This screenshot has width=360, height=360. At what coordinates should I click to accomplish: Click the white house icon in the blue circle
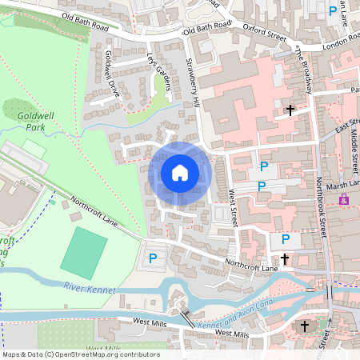pos(180,172)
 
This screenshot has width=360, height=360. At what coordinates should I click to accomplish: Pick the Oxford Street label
pos(263,36)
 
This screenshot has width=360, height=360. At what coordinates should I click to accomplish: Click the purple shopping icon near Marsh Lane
pos(344,198)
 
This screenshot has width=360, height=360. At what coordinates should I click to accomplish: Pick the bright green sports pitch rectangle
pos(83,252)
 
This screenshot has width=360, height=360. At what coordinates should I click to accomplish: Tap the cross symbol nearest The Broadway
pos(291,110)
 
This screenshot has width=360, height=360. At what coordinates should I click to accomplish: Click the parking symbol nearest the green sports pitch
pos(152,258)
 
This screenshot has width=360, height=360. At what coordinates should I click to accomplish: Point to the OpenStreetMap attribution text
pos(81,354)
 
